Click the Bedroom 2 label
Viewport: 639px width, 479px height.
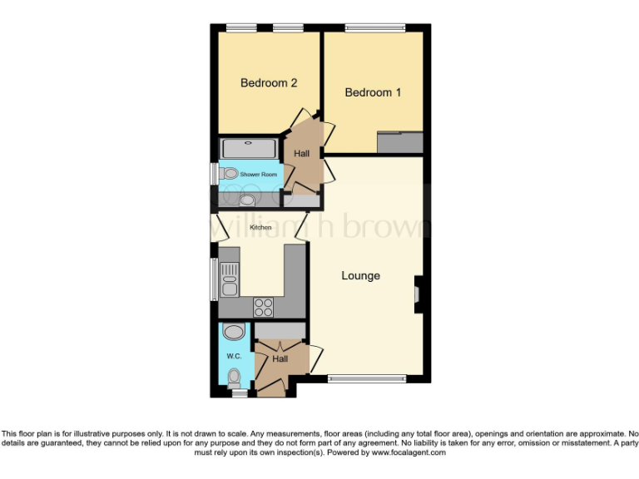269,83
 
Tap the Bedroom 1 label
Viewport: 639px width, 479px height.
373,92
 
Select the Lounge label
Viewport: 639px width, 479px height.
361,275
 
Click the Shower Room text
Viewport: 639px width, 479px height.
258,175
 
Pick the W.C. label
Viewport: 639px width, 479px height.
234,356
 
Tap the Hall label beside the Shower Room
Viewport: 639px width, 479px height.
301,154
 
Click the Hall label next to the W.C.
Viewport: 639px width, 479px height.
280,359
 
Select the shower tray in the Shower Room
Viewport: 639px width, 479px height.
248,149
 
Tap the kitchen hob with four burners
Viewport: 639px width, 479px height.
264,306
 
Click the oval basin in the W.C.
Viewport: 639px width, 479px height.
235,333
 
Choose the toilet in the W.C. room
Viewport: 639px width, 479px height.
234,378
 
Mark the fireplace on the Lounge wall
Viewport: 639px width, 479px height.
419,293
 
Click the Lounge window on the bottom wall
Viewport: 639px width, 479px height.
366,379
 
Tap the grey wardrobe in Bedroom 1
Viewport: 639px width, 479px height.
399,142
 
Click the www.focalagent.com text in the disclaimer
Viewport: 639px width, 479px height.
409,453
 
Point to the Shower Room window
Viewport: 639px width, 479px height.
213,174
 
